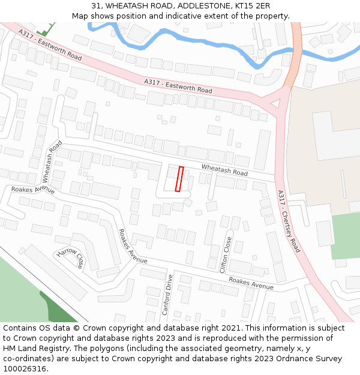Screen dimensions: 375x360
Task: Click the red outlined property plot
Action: pos(179,179)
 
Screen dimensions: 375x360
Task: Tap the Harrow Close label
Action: pos(71,258)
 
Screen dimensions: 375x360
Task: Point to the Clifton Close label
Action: pos(226,255)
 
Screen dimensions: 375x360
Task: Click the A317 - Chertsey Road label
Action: pos(289,221)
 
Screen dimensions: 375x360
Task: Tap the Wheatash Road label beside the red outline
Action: pos(224,170)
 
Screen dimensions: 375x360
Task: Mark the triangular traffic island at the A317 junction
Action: pos(277,104)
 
